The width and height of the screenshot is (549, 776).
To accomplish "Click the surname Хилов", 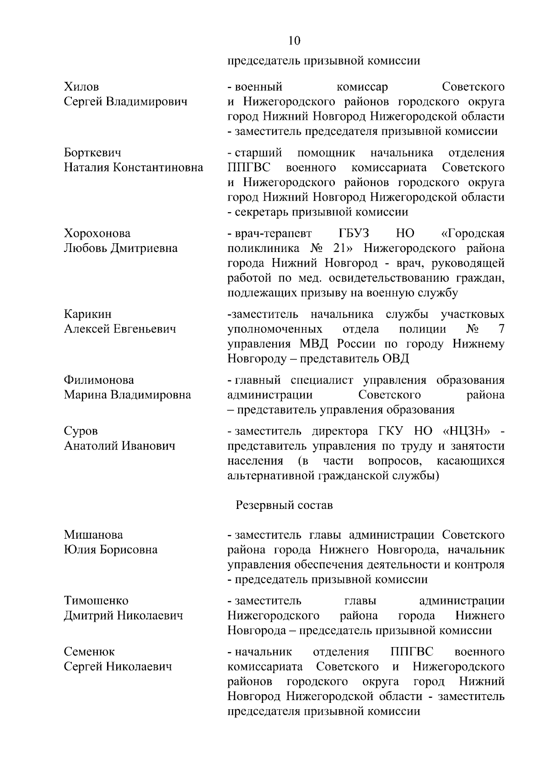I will click(x=81, y=86).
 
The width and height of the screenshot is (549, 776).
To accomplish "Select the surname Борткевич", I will click(x=92, y=152).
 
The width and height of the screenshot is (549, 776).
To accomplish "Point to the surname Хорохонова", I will click(x=97, y=233).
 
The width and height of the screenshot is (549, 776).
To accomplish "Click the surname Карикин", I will click(x=87, y=314).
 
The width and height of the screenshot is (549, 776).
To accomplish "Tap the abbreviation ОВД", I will click(x=395, y=359).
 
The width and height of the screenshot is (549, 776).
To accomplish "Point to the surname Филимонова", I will click(x=99, y=380).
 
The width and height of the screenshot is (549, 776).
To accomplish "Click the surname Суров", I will click(x=81, y=431).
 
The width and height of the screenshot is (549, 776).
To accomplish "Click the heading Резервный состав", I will click(x=284, y=505).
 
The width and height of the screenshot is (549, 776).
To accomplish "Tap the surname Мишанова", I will click(x=93, y=535).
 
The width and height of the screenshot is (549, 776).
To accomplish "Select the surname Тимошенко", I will click(x=96, y=600).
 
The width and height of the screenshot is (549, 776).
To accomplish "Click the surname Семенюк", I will click(x=89, y=652).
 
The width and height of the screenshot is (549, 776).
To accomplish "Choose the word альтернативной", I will click(x=270, y=476).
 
